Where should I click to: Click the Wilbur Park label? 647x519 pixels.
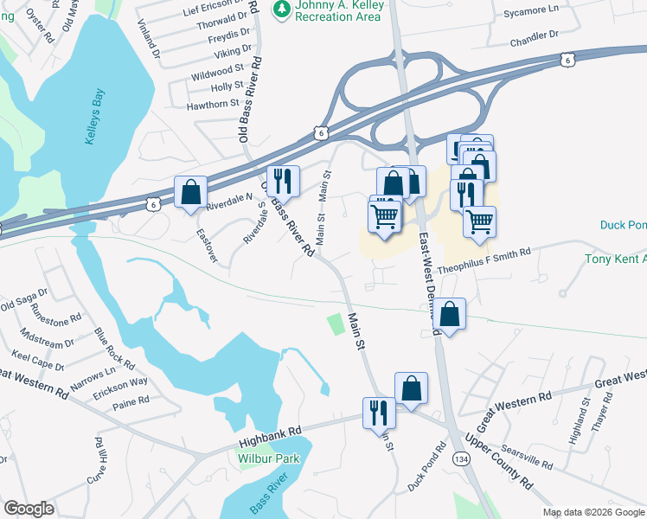[267, 458]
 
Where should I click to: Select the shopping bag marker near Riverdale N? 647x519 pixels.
[190, 193]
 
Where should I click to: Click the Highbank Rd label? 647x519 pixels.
[271, 430]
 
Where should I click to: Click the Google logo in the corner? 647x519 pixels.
[29, 508]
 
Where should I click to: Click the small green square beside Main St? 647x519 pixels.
[335, 324]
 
